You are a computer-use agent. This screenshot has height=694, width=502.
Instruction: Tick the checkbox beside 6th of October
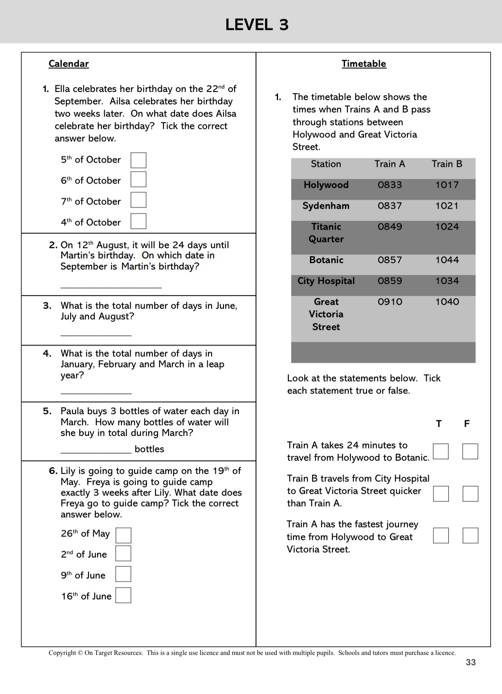click(x=138, y=180)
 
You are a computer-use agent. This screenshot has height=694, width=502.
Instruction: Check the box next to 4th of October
click(x=138, y=221)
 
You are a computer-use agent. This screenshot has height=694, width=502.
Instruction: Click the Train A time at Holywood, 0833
click(x=390, y=185)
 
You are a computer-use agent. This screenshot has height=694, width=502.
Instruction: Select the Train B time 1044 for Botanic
click(x=447, y=260)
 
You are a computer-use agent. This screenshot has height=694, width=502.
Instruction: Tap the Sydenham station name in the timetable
click(x=326, y=206)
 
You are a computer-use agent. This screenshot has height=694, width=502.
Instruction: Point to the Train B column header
click(x=447, y=164)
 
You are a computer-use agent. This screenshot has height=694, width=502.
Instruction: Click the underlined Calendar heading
click(x=69, y=64)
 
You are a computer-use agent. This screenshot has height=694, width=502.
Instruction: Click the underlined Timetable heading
click(x=364, y=64)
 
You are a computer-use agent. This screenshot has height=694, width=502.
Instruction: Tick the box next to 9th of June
click(x=123, y=574)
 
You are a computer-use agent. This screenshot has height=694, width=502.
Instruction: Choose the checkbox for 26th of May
click(x=123, y=535)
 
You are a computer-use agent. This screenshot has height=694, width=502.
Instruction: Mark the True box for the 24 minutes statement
click(x=441, y=451)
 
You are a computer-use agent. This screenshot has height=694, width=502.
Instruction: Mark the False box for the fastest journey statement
click(x=470, y=536)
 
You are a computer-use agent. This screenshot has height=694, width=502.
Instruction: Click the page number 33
click(x=470, y=662)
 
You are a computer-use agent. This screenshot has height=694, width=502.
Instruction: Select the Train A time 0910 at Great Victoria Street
click(x=390, y=302)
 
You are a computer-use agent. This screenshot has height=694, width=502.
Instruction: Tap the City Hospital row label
click(x=326, y=281)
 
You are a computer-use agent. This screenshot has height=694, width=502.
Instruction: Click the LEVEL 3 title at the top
click(x=257, y=25)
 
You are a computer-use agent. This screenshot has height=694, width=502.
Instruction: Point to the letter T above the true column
click(x=439, y=424)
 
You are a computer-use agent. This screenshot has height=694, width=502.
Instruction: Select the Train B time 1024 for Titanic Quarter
click(x=447, y=227)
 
